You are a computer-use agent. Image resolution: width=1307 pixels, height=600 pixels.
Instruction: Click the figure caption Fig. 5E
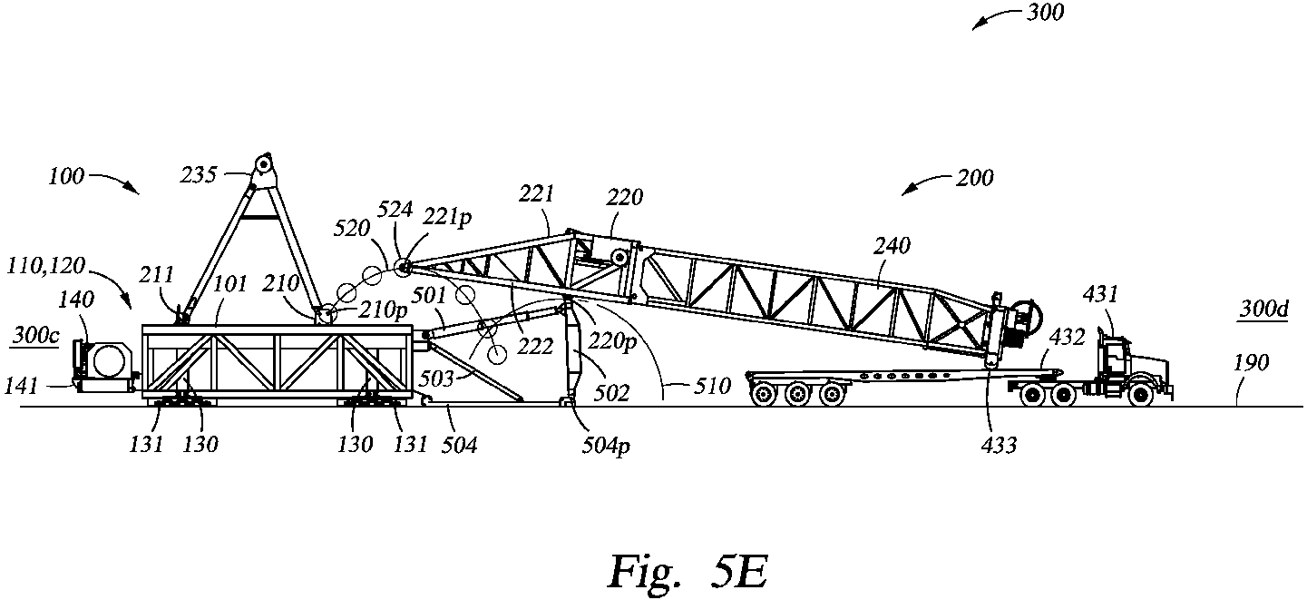point(688,570)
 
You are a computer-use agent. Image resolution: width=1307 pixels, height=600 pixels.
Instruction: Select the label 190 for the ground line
point(1253,363)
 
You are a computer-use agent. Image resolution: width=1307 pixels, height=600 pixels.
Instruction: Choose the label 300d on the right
point(1267,310)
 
